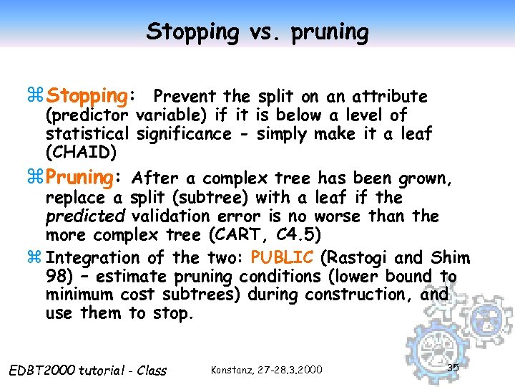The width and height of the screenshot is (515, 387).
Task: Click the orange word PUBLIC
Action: click(282, 257)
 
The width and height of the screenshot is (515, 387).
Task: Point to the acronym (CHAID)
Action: click(79, 152)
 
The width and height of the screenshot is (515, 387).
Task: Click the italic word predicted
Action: click(75, 216)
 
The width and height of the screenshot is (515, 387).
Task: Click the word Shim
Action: click(450, 257)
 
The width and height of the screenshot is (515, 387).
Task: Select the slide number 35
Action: click(452, 367)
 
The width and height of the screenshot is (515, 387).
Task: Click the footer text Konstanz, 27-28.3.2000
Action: click(267, 369)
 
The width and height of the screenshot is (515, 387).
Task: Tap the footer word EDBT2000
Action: click(41, 370)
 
